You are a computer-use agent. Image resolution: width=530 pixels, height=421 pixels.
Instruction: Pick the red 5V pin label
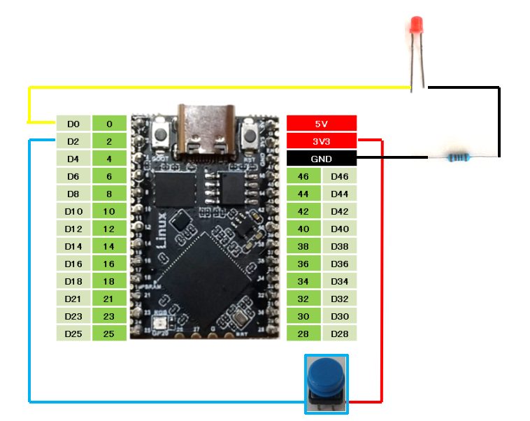pos(322,124)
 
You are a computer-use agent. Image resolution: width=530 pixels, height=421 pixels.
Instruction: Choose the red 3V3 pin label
pos(322,141)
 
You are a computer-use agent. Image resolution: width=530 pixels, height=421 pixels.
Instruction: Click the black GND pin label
pos(322,159)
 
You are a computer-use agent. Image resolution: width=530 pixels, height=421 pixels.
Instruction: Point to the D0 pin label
pos(73,124)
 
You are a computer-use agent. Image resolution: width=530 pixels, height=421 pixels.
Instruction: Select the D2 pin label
pos(73,141)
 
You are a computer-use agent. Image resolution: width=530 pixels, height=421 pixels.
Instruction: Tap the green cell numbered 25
pos(109,334)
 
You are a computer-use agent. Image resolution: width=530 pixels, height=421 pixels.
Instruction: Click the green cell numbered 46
pos(303,176)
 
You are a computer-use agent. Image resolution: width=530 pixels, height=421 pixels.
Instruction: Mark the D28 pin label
pos(339,334)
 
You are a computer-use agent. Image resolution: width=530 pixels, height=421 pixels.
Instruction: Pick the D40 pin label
pos(339,229)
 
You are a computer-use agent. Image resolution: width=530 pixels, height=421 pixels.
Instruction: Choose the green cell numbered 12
pos(109,229)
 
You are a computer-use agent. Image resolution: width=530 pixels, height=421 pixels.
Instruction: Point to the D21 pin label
pos(73,299)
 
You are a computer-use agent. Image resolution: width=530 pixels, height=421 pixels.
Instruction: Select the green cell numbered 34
pos(303,281)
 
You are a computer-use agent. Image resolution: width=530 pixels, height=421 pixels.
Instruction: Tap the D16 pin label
pos(73,264)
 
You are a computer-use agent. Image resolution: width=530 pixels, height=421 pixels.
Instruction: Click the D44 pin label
pos(339,194)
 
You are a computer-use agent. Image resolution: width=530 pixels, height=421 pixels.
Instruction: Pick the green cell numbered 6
pos(109,176)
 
